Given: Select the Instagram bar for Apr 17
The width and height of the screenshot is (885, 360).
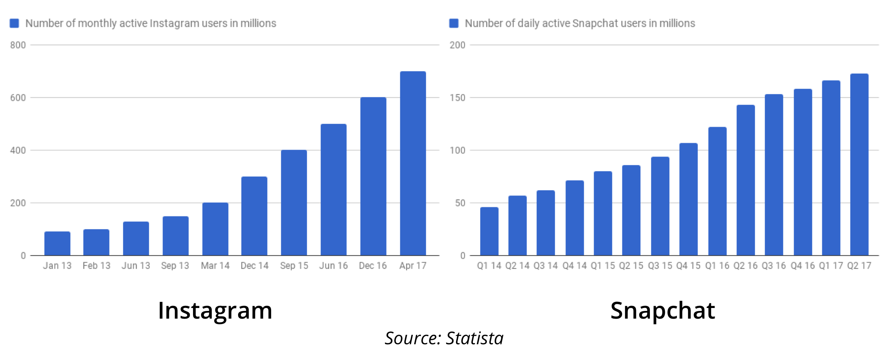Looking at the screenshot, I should tap(413, 163).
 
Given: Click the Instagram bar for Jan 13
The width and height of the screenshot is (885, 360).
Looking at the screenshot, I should tap(57, 243).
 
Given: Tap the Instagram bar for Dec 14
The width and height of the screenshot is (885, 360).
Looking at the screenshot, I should tap(254, 216).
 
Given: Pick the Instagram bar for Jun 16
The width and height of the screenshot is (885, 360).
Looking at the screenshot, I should tap(333, 190).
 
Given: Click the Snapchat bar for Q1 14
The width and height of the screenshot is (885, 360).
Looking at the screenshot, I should tap(489, 231).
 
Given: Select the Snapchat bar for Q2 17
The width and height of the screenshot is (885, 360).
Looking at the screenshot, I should tap(859, 164).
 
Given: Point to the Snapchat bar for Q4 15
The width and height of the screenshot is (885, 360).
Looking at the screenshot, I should tap(688, 199).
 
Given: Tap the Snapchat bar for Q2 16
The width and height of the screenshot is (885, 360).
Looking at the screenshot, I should tap(745, 180).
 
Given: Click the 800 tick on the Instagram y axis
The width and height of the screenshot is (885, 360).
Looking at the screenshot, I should tap(18, 45).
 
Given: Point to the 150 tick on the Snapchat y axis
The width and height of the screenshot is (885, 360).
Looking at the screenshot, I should tap(458, 98).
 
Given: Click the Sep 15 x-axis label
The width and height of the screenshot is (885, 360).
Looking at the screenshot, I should tap(294, 266).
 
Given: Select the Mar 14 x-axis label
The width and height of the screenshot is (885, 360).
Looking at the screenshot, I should tap(215, 266).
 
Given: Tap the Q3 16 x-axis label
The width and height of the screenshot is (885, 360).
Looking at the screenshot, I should tap(774, 266).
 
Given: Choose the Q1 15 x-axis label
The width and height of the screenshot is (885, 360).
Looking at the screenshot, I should tap(603, 266).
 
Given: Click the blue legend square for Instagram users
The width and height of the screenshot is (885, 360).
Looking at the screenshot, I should tap(14, 23).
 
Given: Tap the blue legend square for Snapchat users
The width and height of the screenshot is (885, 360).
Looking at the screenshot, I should tap(454, 23).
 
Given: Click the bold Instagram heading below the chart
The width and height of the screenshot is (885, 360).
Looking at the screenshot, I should tap(215, 311).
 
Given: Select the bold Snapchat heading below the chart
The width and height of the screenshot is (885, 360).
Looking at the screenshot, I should tap(663, 311).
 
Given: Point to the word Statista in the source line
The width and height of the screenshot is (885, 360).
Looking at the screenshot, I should tap(474, 338).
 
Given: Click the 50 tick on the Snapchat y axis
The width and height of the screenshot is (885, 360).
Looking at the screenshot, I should tap(460, 203).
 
